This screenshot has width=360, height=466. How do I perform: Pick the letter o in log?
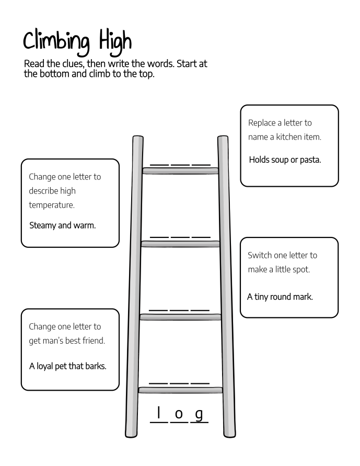[x=179, y=414]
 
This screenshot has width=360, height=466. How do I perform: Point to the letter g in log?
[x=199, y=415]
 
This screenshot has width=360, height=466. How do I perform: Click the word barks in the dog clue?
[x=96, y=366]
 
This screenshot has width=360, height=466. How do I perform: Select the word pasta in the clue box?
[x=310, y=160]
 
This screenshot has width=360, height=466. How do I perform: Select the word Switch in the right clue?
[x=260, y=255]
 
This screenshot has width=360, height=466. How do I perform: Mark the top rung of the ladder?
[x=180, y=171]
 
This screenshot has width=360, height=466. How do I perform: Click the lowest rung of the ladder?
[x=180, y=390]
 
